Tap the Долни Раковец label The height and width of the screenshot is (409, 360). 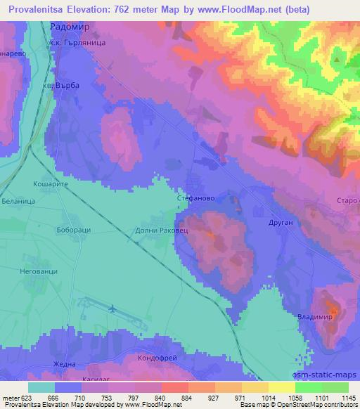click(156, 229)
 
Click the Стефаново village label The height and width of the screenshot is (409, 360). click(195, 199)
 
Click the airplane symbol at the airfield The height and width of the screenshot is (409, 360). click(113, 307)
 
